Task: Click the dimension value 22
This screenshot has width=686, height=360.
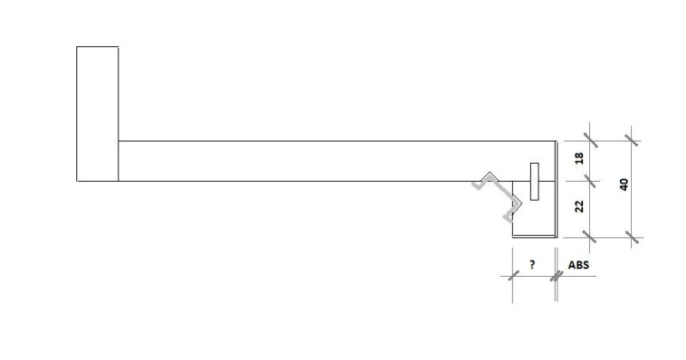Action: pos(579,206)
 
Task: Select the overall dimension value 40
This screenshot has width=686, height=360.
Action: pos(624,183)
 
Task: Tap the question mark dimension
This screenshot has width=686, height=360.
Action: pos(533,266)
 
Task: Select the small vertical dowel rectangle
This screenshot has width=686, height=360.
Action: pos(534,181)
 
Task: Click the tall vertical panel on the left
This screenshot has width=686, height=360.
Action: pos(97,114)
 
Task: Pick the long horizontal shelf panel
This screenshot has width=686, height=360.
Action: pos(334,161)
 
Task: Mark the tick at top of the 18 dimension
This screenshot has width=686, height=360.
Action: pos(589,140)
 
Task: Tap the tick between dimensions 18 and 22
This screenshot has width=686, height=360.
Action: pos(589,181)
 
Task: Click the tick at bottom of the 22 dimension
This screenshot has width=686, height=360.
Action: pos(589,235)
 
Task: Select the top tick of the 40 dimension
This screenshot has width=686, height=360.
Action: pos(632,140)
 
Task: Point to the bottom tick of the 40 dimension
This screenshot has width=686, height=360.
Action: pos(632,235)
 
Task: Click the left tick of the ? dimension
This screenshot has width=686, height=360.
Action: pos(512,276)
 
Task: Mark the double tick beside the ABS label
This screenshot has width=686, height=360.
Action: pos(557,276)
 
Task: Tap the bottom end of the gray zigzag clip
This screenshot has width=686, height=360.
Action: pos(507,219)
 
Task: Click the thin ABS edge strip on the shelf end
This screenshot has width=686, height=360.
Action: pos(557,189)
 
